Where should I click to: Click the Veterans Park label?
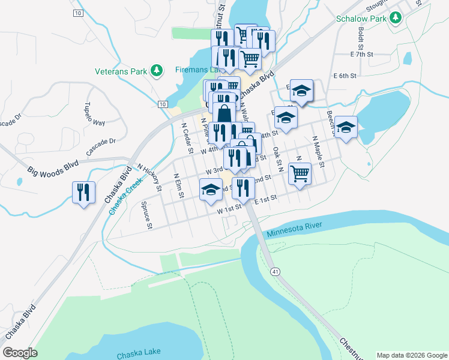pos(121,71)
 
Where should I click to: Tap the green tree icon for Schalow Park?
pos(395,18)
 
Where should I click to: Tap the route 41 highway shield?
pos(275,272)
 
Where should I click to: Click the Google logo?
pos(20,353)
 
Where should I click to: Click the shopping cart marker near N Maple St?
pos(300,174)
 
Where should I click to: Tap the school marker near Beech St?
pos(346,127)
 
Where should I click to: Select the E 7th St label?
pos(362,55)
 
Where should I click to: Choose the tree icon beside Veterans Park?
pos(157,71)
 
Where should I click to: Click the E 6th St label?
pos(345,76)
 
